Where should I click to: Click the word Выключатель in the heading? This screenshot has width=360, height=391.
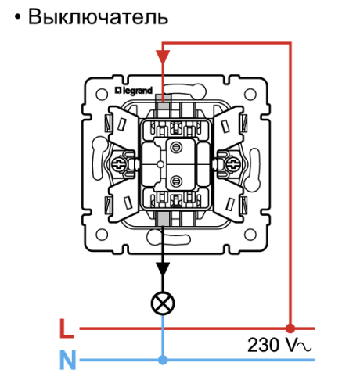98,17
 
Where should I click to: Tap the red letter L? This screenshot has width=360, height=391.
67,328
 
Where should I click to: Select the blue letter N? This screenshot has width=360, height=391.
68,360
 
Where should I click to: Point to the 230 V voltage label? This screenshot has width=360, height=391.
279,345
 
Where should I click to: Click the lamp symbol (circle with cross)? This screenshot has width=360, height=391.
163,303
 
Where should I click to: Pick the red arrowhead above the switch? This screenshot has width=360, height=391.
163,56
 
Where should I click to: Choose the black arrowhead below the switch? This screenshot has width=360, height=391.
163,268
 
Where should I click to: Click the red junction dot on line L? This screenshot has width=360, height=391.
290,328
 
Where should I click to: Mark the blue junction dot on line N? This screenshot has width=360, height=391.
163,360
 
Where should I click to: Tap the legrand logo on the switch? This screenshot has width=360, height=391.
134,91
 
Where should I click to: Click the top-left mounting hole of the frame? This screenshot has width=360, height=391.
102,94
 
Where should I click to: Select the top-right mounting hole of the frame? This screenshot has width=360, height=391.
250,94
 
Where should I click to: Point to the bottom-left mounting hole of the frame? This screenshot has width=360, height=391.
102,235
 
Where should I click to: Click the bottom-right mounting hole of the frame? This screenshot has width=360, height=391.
250,235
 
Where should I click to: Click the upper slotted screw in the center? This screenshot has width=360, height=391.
176,148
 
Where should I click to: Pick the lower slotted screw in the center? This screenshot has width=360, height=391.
176,181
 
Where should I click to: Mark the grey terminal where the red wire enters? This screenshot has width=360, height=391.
163,102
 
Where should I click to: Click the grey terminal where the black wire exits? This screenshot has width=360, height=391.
163,218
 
